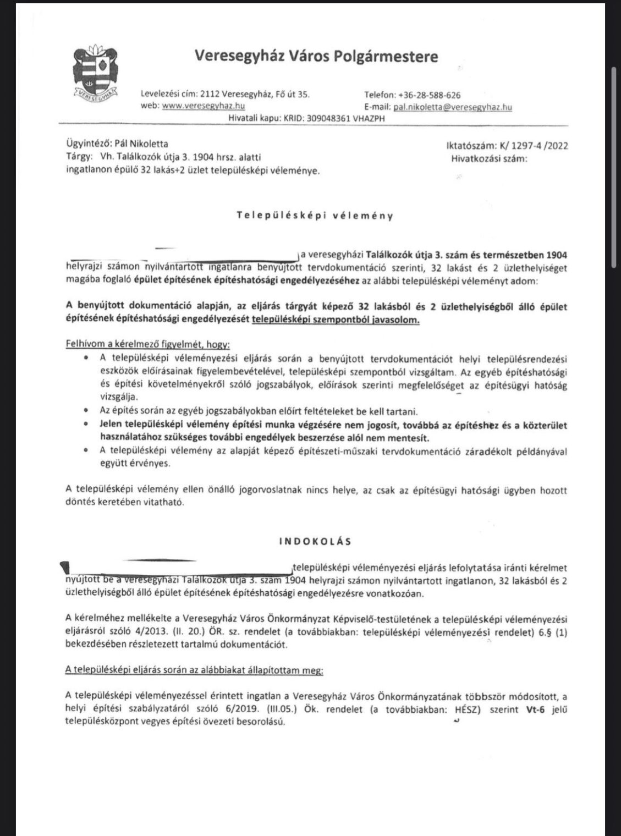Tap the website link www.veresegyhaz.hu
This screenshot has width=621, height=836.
click(x=203, y=105)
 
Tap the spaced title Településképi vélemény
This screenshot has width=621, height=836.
click(x=315, y=216)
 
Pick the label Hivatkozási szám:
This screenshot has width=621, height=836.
click(x=488, y=158)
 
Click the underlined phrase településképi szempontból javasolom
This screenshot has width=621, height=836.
click(x=336, y=320)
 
